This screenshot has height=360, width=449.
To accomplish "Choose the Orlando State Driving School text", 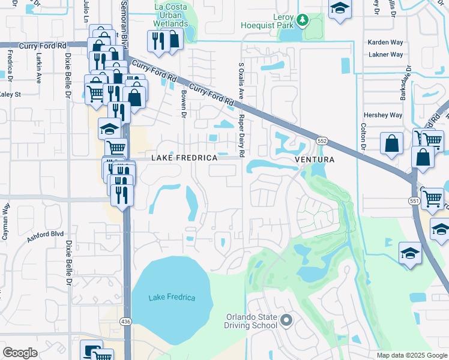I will click(252, 322).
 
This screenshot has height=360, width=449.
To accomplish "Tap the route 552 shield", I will click(322, 140).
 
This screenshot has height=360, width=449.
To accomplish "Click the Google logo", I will click(20, 353).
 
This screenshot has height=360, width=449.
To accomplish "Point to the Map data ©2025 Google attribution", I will click(411, 355).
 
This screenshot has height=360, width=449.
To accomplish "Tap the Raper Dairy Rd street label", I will click(241, 136).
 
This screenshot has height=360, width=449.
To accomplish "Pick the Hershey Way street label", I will click(382, 115).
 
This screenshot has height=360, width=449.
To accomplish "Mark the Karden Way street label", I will click(385, 43).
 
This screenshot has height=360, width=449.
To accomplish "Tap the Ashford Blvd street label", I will click(45, 238).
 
